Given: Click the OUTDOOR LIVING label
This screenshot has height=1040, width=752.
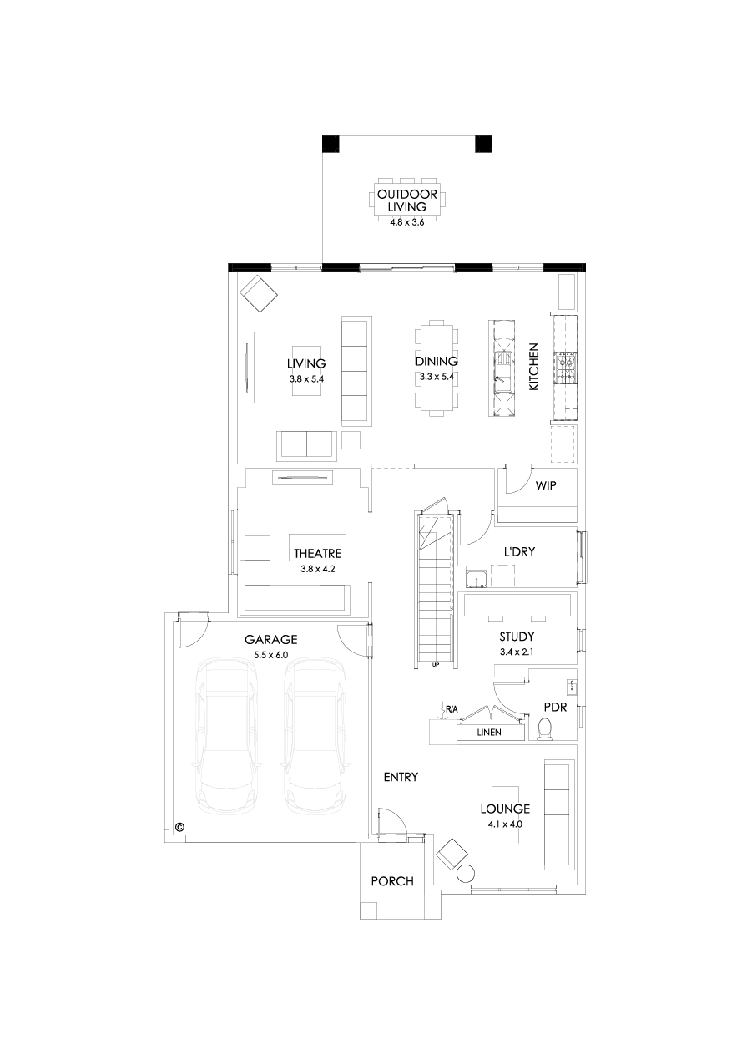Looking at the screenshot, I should pyautogui.click(x=407, y=200).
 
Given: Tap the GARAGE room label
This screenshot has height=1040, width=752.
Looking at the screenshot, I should pyautogui.click(x=271, y=639).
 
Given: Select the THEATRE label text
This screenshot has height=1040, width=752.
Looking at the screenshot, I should pyautogui.click(x=318, y=553).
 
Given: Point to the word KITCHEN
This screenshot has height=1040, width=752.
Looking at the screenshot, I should pyautogui.click(x=534, y=367).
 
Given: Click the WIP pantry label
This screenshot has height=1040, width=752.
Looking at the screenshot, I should pyautogui.click(x=546, y=485).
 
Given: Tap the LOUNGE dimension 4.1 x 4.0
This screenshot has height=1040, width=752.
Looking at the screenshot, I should pyautogui.click(x=505, y=824).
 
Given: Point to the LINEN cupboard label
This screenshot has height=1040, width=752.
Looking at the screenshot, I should pyautogui.click(x=489, y=733).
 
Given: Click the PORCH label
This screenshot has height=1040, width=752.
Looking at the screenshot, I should pyautogui.click(x=392, y=881).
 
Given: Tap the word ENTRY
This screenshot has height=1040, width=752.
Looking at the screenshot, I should pyautogui.click(x=401, y=777).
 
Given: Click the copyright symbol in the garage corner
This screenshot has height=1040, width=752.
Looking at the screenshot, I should pyautogui.click(x=179, y=828).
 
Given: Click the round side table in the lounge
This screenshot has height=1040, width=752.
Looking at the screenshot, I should pyautogui.click(x=467, y=874).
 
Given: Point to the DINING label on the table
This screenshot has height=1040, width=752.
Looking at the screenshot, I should pyautogui.click(x=437, y=362).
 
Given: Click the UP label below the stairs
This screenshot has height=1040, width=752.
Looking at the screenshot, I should pyautogui.click(x=436, y=666).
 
